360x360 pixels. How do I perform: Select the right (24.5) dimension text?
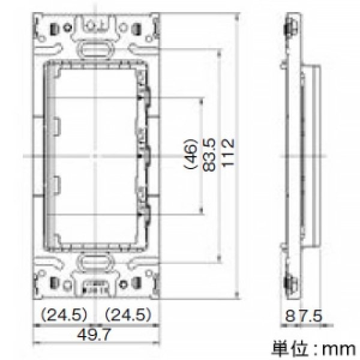127,313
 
